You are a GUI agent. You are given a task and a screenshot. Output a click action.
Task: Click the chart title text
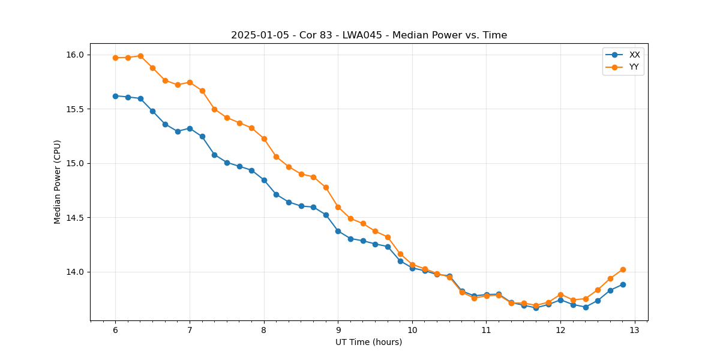[369, 35]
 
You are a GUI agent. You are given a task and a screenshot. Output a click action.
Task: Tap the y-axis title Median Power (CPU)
[58, 182]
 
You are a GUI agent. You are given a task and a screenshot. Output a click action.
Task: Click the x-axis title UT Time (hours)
[368, 342]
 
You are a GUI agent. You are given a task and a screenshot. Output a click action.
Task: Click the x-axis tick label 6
[115, 330]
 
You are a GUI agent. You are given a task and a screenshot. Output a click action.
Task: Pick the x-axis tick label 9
[338, 330]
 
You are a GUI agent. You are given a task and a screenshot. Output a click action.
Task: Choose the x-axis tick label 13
[635, 330]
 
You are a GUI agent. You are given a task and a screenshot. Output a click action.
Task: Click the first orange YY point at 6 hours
[115, 58]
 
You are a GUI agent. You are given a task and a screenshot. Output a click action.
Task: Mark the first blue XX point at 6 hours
[115, 96]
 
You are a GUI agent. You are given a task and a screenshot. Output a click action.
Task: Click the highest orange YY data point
[140, 56]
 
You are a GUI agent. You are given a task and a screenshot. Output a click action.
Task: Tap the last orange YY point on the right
[623, 269]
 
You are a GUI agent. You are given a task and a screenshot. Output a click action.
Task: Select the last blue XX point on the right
[623, 284]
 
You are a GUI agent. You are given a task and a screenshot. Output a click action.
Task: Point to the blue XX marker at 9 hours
[338, 231]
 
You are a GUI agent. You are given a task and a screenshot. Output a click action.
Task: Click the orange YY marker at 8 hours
[264, 139]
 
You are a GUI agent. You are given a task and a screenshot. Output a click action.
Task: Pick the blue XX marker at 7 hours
[190, 128]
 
